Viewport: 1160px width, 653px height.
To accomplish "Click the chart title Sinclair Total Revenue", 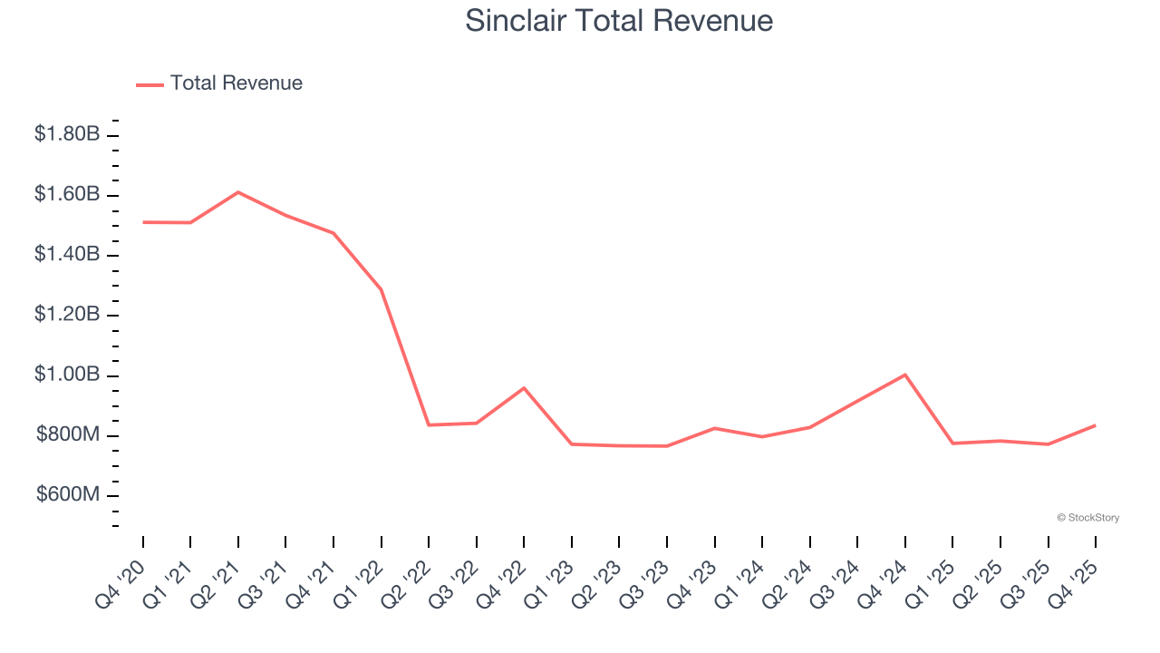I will coord(619,20).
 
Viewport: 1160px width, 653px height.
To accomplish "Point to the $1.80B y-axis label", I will coord(67,134).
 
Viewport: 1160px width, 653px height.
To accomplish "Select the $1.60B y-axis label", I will coord(67,194).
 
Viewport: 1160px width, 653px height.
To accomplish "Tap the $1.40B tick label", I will coord(67,254).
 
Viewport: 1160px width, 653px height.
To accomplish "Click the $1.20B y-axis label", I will coord(67,315).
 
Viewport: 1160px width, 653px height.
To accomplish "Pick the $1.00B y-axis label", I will coord(67,375).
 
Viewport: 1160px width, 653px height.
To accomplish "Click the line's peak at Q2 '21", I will coord(237,192).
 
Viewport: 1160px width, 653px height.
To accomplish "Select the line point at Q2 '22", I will coord(429,424).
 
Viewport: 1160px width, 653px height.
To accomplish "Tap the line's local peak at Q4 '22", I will coord(524,388).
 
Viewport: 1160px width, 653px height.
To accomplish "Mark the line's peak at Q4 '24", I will coord(905,375).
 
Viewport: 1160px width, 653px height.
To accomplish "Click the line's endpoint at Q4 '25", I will coord(1095,425).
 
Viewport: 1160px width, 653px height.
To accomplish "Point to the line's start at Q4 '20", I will coord(143,222).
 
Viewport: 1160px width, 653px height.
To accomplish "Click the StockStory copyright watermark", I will coord(1087,518).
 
